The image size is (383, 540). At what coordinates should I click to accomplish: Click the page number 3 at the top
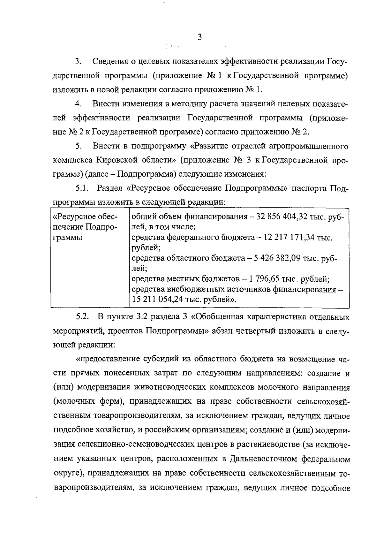pos(200,37)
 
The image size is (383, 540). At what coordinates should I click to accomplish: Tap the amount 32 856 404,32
pos(279,217)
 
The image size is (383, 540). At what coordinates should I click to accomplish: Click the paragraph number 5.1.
pos(82,188)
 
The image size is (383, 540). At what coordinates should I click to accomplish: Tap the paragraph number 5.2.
pos(82,317)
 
